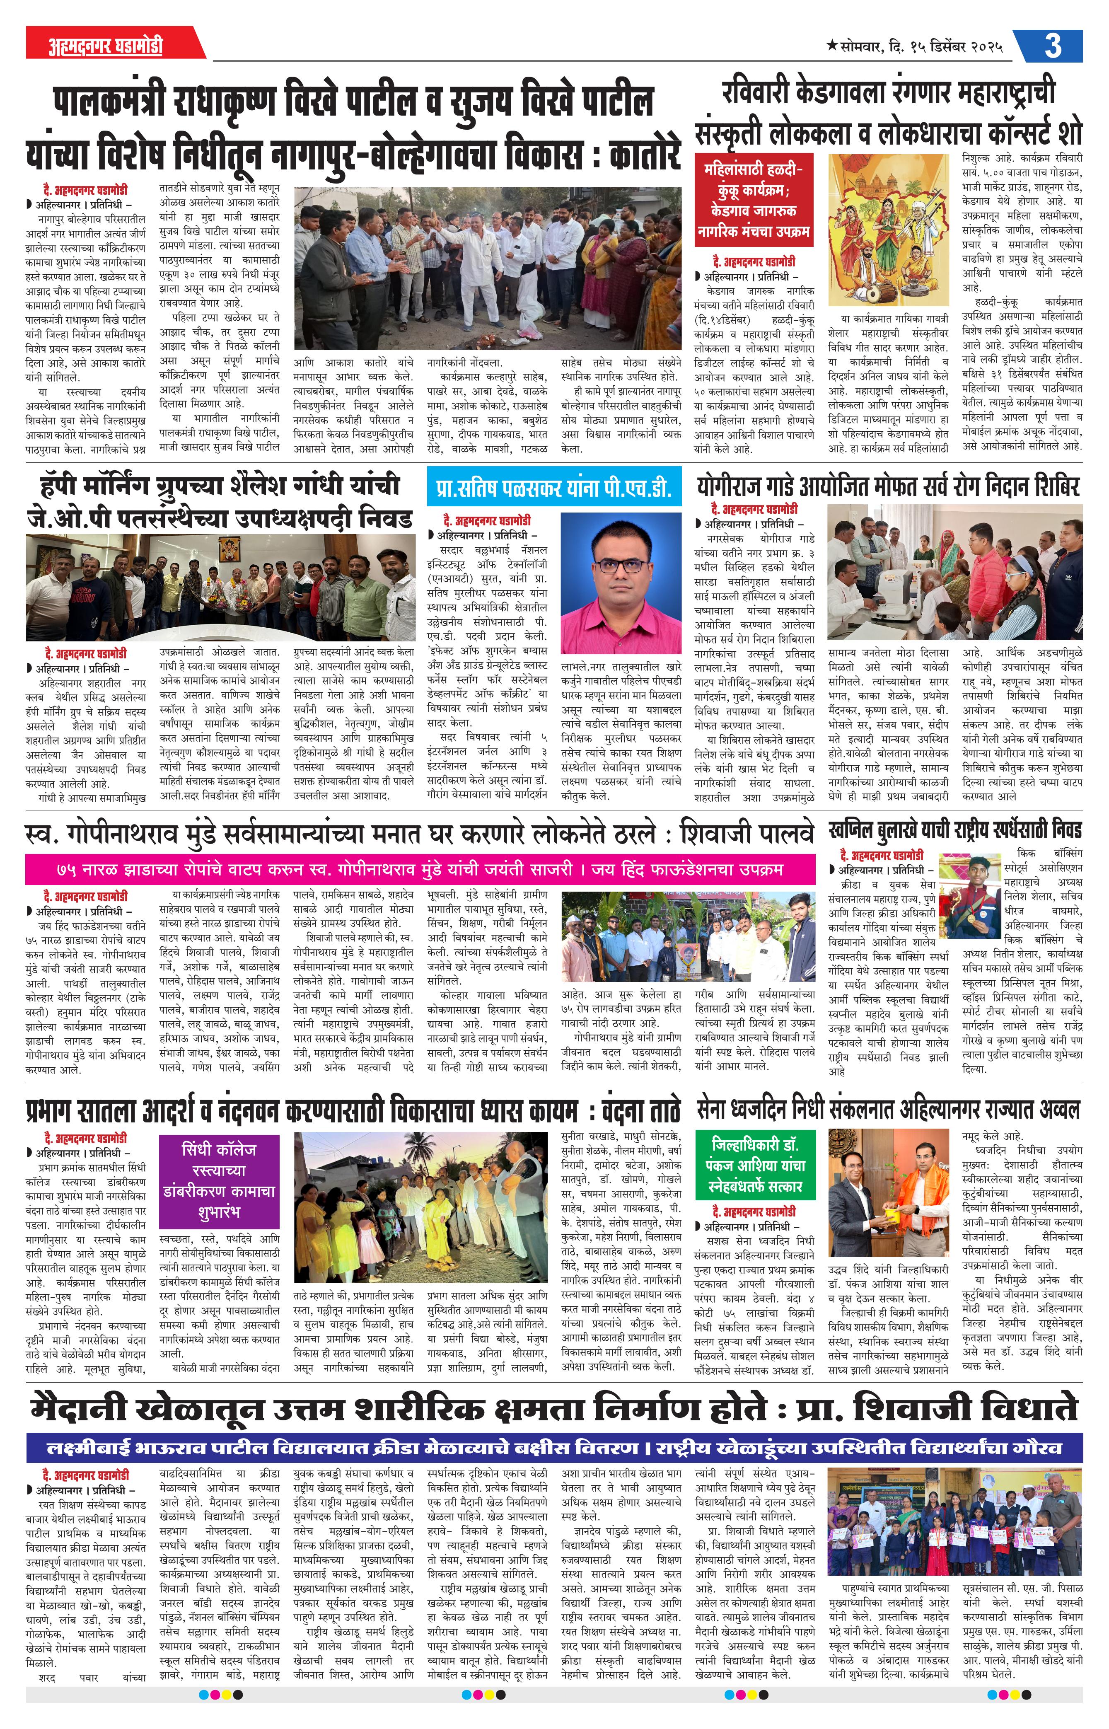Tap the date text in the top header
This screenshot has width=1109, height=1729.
pos(915,46)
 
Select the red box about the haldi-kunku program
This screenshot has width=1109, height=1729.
pos(753,200)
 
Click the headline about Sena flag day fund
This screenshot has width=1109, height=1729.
pos(888,1110)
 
